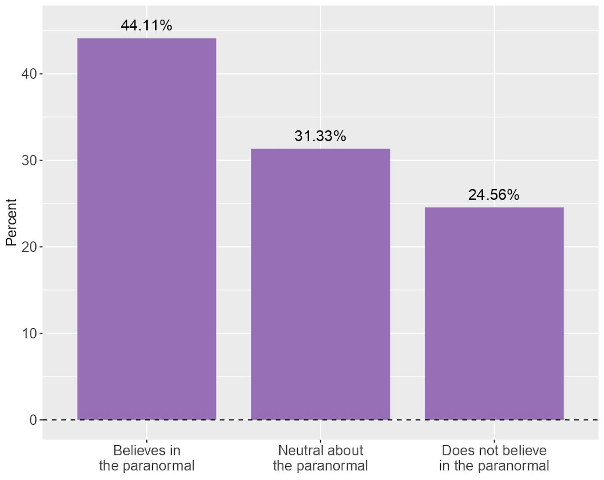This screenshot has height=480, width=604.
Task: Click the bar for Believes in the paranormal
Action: (x=147, y=229)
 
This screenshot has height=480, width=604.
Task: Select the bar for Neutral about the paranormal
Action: (x=320, y=284)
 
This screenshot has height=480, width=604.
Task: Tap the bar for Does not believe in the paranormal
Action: (x=494, y=313)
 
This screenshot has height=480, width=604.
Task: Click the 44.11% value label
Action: (x=146, y=26)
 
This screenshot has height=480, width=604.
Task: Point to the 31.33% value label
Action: (x=320, y=136)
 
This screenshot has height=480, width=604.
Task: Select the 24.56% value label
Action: (x=494, y=195)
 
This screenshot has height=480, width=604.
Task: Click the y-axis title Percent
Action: (x=11, y=222)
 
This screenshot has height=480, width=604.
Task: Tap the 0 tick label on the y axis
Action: (x=33, y=420)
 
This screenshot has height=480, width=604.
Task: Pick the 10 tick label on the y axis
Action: (x=29, y=333)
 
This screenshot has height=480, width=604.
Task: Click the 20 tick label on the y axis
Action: (x=29, y=247)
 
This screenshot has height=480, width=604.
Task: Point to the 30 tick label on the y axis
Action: (x=29, y=160)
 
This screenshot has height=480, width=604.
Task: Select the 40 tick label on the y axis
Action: (x=29, y=74)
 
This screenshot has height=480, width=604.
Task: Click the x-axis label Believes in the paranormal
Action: (x=147, y=458)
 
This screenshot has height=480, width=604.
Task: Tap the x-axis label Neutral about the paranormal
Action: (x=320, y=458)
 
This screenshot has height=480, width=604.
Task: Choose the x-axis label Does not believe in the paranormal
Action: (x=494, y=458)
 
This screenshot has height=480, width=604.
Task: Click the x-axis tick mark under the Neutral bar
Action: (x=320, y=441)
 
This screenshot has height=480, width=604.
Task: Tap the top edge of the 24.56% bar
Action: (x=494, y=207)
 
